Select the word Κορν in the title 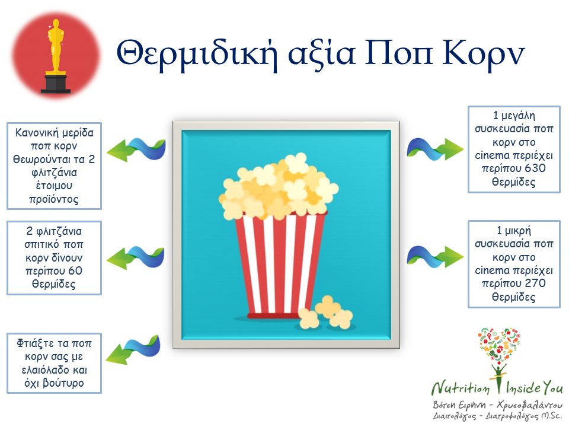coord(484,55)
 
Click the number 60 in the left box coord(75,270)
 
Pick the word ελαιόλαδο coord(44,369)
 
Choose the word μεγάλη coord(518,116)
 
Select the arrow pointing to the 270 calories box coord(434,257)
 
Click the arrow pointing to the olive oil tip coord(133,350)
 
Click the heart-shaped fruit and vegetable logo coord(499,345)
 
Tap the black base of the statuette coord(56,83)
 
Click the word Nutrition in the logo coord(460,388)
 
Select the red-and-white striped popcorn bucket coord(280,265)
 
